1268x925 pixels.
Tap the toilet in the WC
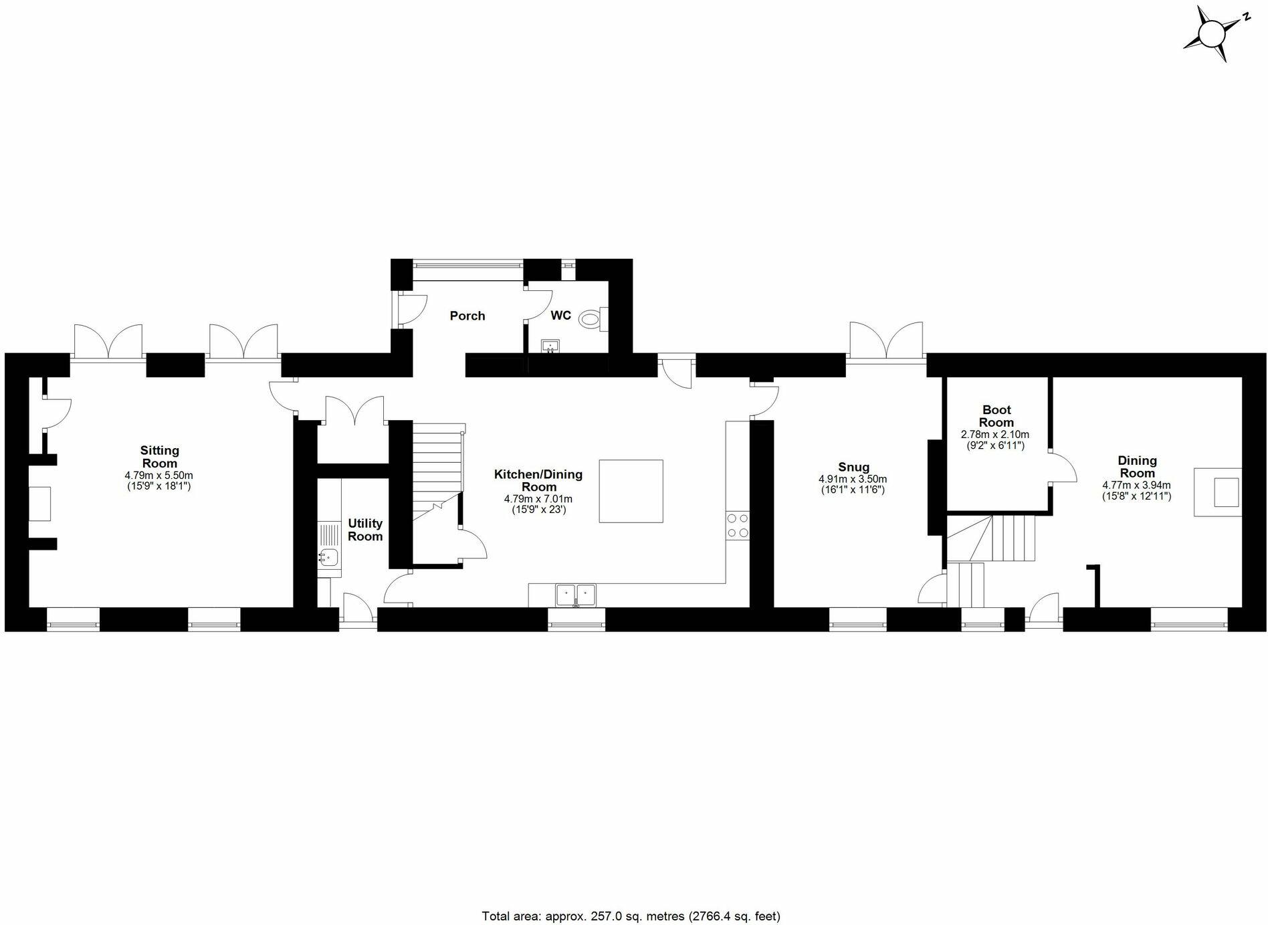(x=592, y=319)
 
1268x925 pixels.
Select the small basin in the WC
(x=550, y=346)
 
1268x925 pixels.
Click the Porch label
(x=467, y=316)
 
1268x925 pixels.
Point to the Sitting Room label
(x=160, y=457)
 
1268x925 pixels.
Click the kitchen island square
(x=631, y=491)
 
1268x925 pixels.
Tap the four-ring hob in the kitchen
(x=738, y=525)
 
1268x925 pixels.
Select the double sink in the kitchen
(x=575, y=594)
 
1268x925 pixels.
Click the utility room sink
(x=328, y=556)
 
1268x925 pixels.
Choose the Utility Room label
(x=365, y=530)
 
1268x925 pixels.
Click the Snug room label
(x=853, y=467)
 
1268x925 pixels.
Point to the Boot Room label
(x=996, y=416)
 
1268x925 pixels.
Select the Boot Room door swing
(x=1062, y=467)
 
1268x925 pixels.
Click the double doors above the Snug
(x=886, y=341)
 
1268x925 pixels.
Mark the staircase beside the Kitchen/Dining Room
(x=437, y=475)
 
